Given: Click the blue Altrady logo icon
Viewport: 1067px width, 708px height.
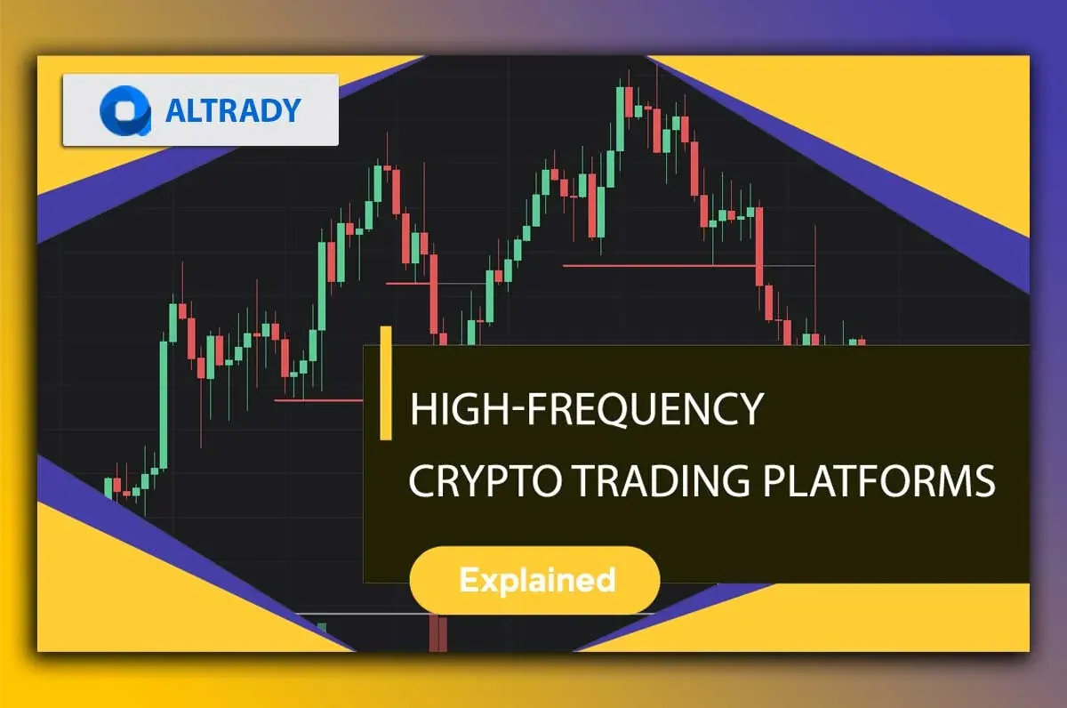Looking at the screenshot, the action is tap(125, 110).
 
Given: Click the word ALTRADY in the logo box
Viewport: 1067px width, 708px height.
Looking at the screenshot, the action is tap(233, 110).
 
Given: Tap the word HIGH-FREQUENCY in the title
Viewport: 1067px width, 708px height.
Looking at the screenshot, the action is tap(587, 409).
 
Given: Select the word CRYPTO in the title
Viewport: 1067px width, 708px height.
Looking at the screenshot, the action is tap(485, 480).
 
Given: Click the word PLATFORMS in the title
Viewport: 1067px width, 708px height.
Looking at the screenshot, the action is tap(879, 480).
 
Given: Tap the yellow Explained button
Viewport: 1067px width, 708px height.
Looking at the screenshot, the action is tap(535, 580).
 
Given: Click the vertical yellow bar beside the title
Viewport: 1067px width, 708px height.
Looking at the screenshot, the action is tap(386, 382).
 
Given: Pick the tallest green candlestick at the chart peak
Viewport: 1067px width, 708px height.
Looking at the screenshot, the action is tap(620, 119).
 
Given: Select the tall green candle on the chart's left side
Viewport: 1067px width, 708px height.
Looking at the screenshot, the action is tap(164, 404).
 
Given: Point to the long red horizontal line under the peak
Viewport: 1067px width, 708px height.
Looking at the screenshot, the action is tap(660, 266).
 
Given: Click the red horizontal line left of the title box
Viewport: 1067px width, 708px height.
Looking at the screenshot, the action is tap(318, 400).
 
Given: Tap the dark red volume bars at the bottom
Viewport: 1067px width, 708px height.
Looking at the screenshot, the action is tap(438, 633).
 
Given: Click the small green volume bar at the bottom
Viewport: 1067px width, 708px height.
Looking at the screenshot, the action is tap(323, 627).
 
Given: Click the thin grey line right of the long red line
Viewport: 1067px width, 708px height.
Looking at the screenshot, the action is tap(786, 265).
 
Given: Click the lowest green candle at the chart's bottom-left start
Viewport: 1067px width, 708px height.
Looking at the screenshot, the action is tap(108, 488).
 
